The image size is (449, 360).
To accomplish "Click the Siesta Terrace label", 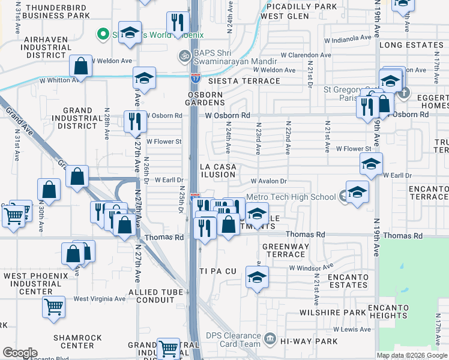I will pyautogui.click(x=237, y=80).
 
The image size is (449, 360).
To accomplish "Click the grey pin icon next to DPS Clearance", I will pyautogui.click(x=271, y=340).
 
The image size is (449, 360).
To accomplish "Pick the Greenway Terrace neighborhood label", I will pyautogui.click(x=287, y=250).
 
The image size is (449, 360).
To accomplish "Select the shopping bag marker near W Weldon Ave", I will pyautogui.click(x=80, y=66).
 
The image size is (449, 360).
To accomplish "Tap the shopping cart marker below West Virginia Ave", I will pyautogui.click(x=53, y=307).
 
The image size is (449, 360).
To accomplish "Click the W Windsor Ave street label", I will pyautogui.click(x=311, y=266).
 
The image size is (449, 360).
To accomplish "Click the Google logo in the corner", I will pyautogui.click(x=20, y=353).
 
